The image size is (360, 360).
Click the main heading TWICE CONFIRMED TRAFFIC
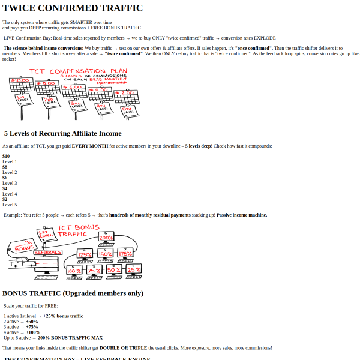click(73, 8)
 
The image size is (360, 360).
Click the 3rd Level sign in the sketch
click(77, 106)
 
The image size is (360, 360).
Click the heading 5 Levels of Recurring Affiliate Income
click(62, 133)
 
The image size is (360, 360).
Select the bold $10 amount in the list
click(6, 156)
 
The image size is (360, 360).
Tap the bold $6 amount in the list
click(5, 178)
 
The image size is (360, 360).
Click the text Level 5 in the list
click(10, 205)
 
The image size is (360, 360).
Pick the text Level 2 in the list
click(10, 172)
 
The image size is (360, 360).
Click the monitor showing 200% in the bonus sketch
click(106, 238)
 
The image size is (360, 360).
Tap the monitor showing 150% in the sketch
click(105, 254)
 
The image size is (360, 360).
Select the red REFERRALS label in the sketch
click(48, 253)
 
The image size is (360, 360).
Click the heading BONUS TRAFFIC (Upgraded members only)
click(73, 293)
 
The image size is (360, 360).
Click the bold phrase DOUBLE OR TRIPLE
click(120, 347)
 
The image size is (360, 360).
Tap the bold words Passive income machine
click(241, 215)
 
